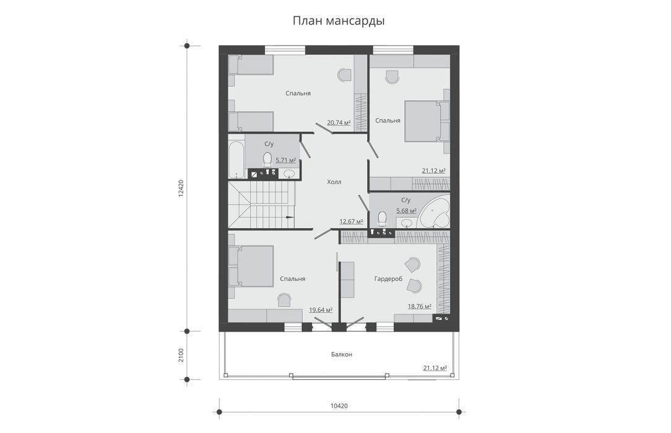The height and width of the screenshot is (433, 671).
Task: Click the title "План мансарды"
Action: coord(339,21)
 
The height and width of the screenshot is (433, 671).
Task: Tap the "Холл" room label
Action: coord(334,182)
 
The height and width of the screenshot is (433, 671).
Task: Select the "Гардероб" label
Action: coord(388,279)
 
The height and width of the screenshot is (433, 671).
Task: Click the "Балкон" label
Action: coord(342,354)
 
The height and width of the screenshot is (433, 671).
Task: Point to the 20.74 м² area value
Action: coord(339,122)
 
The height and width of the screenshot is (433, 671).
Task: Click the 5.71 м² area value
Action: coord(286,160)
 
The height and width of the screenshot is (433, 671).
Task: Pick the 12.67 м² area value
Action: coord(352,221)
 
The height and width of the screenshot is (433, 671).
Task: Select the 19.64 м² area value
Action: coord(321,310)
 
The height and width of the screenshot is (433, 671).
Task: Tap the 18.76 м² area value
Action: coord(420,306)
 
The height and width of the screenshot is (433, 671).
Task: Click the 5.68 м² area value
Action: coord(407,211)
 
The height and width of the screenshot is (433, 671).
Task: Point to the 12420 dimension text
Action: coord(181,188)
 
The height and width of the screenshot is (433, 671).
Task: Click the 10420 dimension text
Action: coord(339,406)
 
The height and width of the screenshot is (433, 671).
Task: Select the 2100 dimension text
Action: coord(181,355)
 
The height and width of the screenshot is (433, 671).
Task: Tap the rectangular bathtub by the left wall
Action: coord(236,160)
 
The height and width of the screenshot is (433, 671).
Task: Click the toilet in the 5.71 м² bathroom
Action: coord(267,159)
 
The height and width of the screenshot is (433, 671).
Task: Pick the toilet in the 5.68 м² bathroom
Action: coord(382,218)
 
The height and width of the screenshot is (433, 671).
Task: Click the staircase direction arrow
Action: coord(289,216)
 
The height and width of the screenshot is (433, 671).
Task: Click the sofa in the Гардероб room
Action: coord(347,280)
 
